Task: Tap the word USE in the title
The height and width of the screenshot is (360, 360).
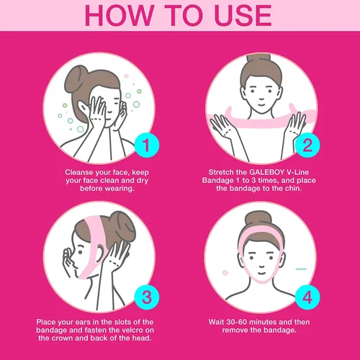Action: pos(243,15)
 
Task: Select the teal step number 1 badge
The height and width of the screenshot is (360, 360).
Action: pos(147,145)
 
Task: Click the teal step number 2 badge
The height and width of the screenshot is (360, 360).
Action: pos(307,145)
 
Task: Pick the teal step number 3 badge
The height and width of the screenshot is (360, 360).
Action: pos(147,297)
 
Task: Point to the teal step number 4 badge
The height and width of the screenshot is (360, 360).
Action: pos(307,297)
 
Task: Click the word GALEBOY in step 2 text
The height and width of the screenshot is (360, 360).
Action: pos(267,172)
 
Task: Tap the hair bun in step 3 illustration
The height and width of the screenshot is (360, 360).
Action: pos(125,225)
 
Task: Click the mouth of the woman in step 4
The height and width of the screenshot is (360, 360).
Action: pos(261,274)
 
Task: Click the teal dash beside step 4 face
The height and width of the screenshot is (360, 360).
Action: pos(301,269)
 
